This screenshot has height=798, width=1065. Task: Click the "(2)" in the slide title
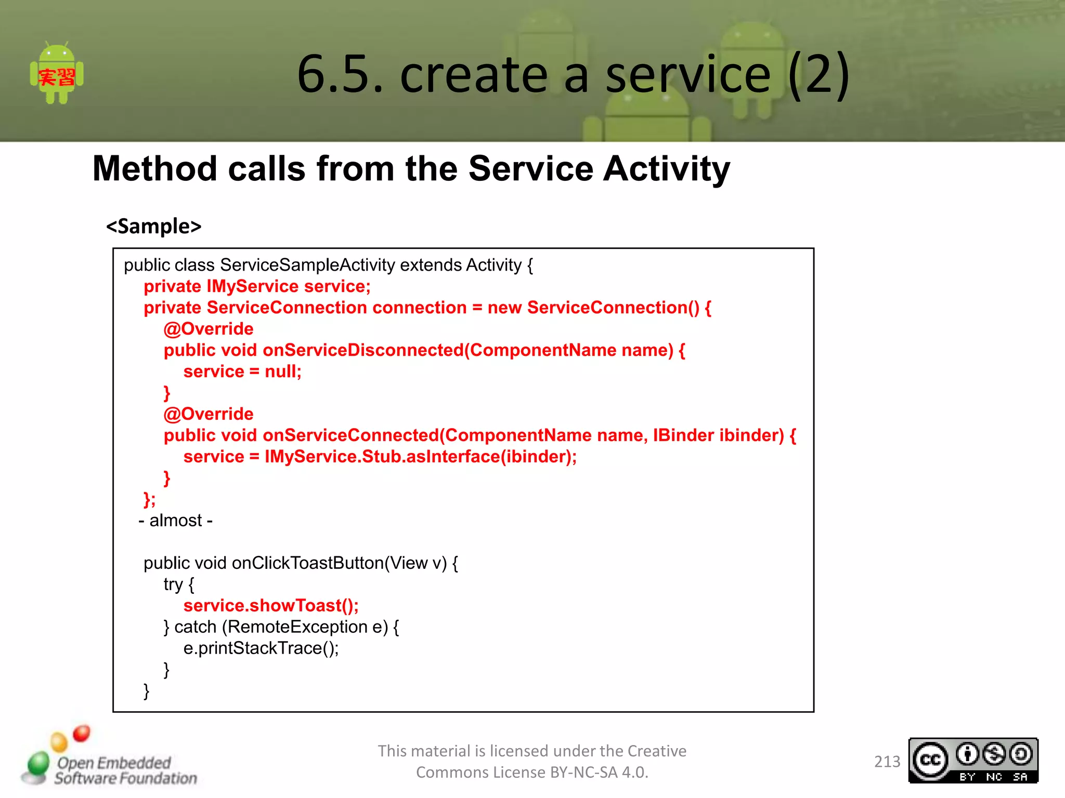819,74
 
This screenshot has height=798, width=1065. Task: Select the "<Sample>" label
153,227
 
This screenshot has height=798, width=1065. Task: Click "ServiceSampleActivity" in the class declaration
307,265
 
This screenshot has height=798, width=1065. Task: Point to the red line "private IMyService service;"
257,286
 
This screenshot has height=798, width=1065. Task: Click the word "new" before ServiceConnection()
504,308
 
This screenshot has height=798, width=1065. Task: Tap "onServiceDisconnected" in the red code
362,350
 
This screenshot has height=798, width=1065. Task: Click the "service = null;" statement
242,371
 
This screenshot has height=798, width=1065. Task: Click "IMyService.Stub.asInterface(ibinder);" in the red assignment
420,457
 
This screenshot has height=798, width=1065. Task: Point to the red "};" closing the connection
149,499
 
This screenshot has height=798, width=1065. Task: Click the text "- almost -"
176,521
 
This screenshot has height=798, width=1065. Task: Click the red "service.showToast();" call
270,606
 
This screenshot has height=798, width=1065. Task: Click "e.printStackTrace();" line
261,648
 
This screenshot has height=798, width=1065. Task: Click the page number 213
887,762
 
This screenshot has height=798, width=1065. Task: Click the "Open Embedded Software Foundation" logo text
125,770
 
